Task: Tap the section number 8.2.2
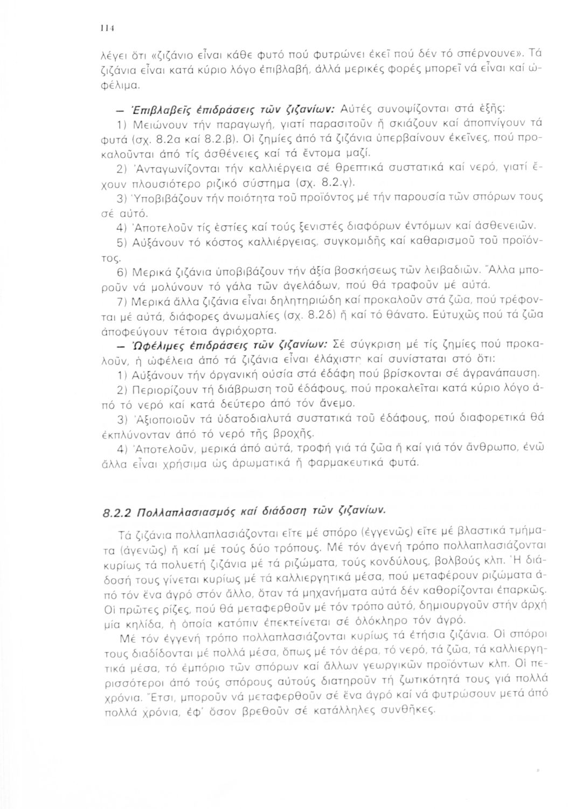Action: tap(117, 510)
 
